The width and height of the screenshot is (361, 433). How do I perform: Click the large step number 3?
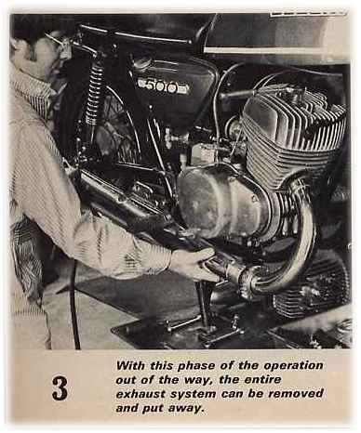pos(60,388)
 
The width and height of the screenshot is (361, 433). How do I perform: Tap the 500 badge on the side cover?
pos(164,86)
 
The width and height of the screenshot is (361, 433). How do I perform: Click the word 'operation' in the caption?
pos(293,365)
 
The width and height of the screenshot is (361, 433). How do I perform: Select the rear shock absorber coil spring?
pos(93,93)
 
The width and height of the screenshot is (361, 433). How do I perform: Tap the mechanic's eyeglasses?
pos(59,46)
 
